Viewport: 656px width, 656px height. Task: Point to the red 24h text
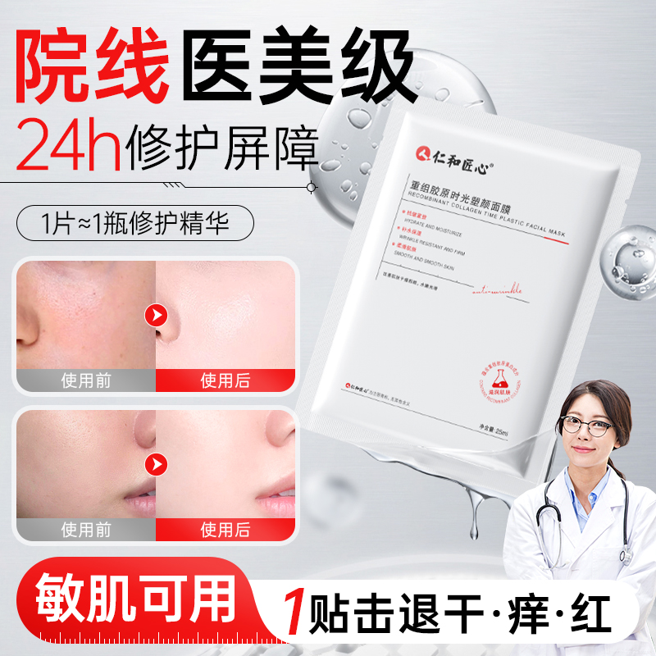(x=69, y=145)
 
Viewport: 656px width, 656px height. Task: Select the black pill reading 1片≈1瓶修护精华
(x=135, y=224)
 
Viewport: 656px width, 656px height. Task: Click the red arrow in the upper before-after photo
(x=155, y=315)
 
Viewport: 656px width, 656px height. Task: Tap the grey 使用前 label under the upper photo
(x=85, y=380)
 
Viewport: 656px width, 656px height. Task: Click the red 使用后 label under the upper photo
(x=225, y=380)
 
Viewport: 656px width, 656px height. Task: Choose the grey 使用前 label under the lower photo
(x=85, y=530)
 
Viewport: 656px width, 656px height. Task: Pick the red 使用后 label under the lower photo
(x=225, y=530)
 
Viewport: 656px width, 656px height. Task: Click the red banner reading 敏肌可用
(x=123, y=598)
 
